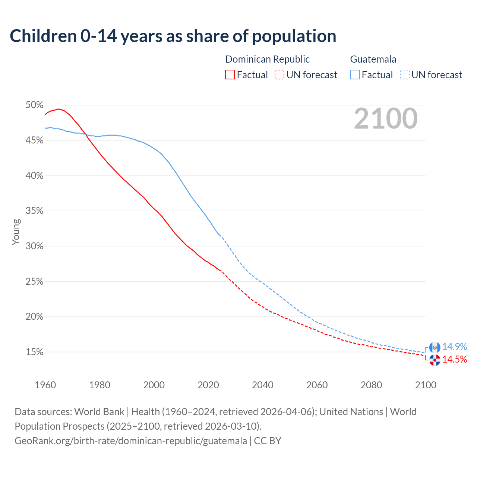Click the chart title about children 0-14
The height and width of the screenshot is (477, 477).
click(173, 36)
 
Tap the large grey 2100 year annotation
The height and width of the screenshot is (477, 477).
click(385, 119)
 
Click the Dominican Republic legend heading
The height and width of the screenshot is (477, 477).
click(267, 59)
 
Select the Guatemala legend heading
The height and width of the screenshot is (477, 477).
click(373, 59)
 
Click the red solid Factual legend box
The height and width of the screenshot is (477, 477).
click(230, 75)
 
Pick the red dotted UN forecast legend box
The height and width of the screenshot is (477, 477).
click(279, 75)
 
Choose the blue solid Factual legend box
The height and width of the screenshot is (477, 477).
click(355, 75)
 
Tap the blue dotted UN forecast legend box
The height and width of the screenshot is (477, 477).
click(405, 75)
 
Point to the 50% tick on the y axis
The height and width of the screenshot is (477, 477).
click(34, 105)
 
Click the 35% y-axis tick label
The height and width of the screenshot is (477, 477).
click(34, 211)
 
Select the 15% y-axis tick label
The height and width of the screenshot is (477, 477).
click(34, 352)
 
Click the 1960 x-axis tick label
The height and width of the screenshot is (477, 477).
click(45, 385)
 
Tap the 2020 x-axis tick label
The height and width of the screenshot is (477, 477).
click(208, 385)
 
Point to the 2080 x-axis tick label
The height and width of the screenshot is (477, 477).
click(371, 385)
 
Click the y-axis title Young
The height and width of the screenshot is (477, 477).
click(16, 232)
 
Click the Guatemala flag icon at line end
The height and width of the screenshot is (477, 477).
click(435, 347)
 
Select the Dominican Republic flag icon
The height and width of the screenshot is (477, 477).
click(435, 360)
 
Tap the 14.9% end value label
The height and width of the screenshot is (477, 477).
click(454, 347)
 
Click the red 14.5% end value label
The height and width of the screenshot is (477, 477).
click(454, 359)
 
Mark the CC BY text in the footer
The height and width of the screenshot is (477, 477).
click(268, 441)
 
